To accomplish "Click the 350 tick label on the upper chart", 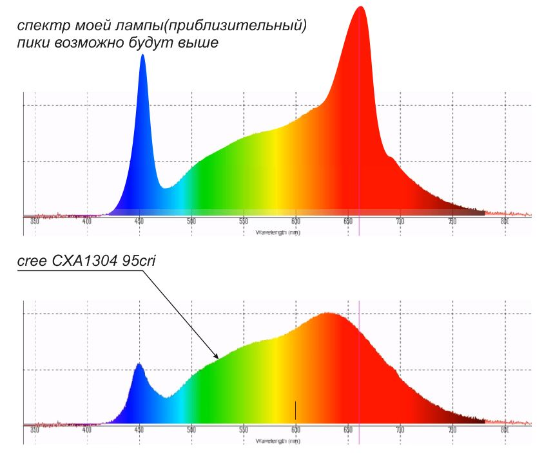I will click(35, 221).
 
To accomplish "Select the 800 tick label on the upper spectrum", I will click(505, 221).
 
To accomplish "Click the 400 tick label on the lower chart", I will click(87, 429).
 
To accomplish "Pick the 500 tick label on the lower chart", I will click(191, 429).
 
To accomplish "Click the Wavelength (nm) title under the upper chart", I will click(277, 232).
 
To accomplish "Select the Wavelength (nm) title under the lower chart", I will click(277, 441).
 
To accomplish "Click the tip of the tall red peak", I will click(360, 7).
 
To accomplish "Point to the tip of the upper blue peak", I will click(142, 55).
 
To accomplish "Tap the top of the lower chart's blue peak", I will click(138, 364).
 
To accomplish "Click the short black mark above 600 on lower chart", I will click(295, 410).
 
